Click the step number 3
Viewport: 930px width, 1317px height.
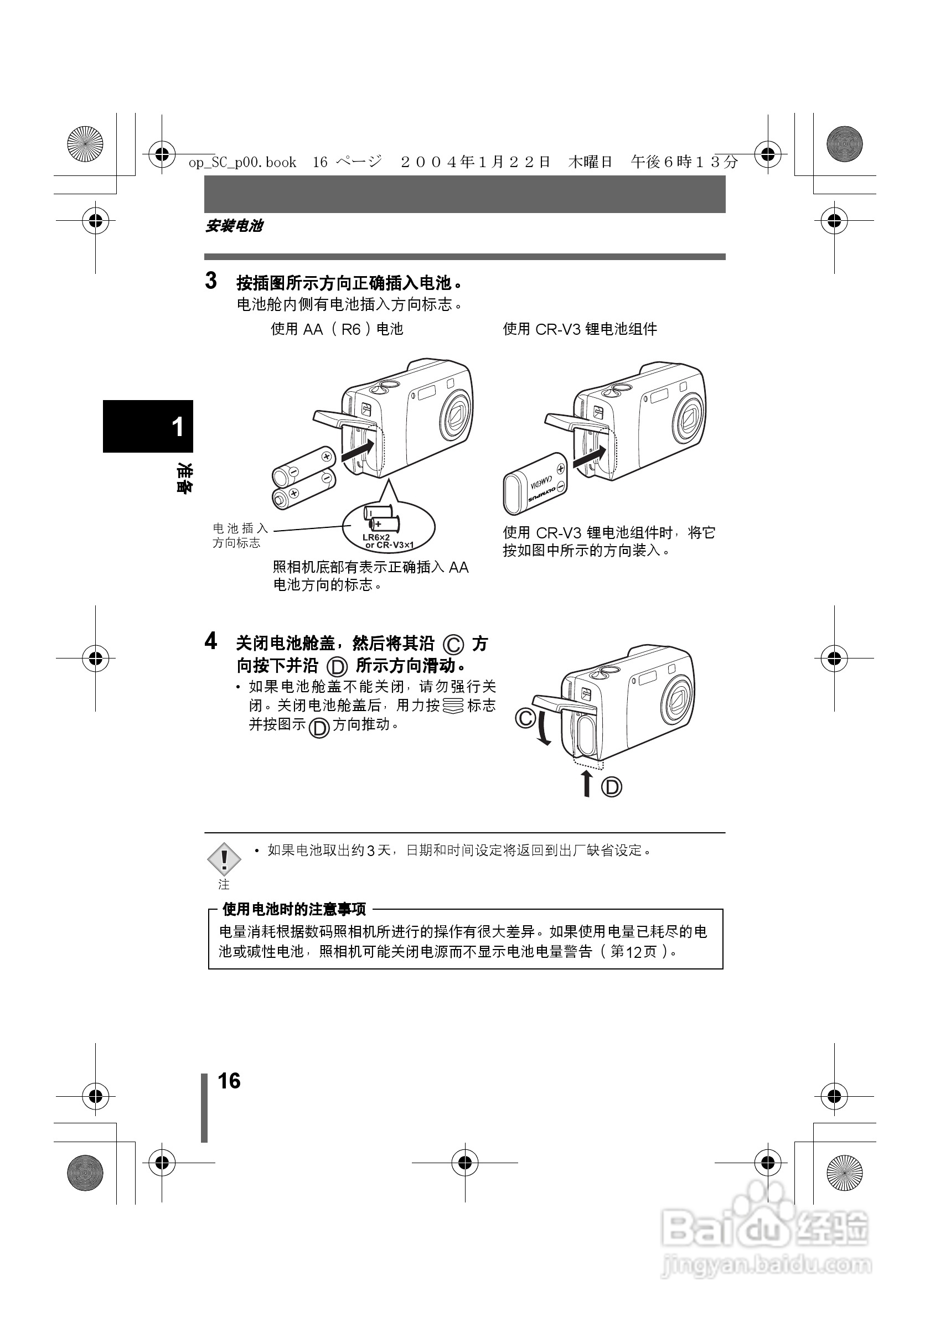pyautogui.click(x=211, y=281)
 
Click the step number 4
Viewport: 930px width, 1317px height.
pyautogui.click(x=211, y=641)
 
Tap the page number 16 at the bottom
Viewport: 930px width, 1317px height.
pyautogui.click(x=229, y=1081)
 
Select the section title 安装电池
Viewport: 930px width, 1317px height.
pyautogui.click(x=234, y=226)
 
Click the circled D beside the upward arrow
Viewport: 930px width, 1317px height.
pyautogui.click(x=612, y=786)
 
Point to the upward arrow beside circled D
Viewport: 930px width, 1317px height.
pyautogui.click(x=586, y=784)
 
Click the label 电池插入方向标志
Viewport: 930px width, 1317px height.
pyautogui.click(x=240, y=535)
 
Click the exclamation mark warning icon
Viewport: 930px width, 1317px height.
pyautogui.click(x=224, y=859)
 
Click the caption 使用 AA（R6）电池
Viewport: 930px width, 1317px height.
pyautogui.click(x=337, y=329)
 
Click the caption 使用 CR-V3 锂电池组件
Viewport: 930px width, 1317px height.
pyautogui.click(x=580, y=329)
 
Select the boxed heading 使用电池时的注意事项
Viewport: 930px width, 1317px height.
pyautogui.click(x=294, y=909)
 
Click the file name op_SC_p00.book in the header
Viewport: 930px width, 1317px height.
pyautogui.click(x=242, y=163)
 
